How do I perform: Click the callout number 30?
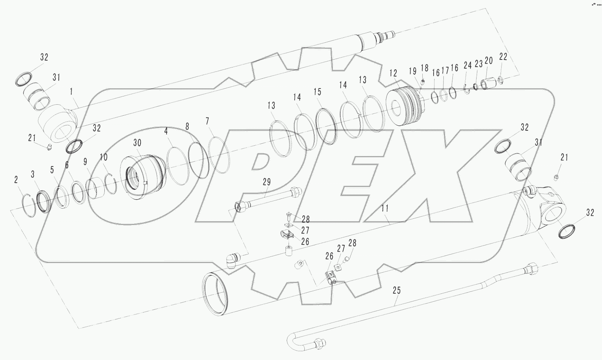click(137, 143)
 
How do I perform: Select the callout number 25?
click(396, 290)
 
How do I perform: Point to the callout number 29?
click(267, 182)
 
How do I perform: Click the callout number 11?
click(385, 208)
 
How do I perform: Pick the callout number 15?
click(318, 92)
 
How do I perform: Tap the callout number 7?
click(207, 121)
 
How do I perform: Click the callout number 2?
click(16, 180)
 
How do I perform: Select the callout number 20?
click(489, 61)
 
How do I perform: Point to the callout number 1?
click(72, 91)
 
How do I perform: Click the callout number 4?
click(166, 131)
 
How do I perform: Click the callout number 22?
click(503, 57)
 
